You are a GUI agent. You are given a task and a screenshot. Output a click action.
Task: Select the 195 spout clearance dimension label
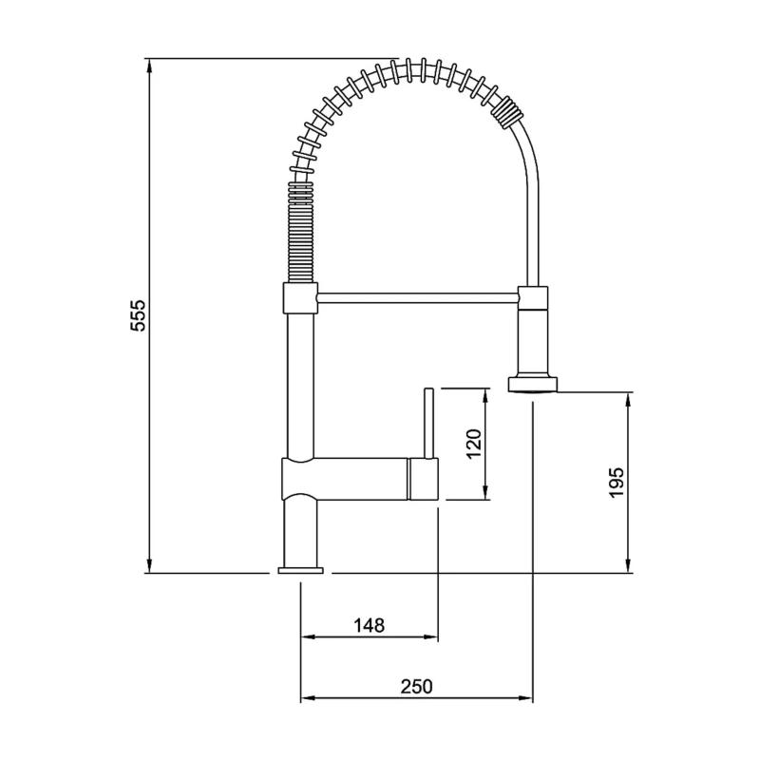pyautogui.click(x=617, y=483)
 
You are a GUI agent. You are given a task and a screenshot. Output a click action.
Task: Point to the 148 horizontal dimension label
pyautogui.click(x=369, y=625)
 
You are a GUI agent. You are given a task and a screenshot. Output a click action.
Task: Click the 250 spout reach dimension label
pyautogui.click(x=416, y=686)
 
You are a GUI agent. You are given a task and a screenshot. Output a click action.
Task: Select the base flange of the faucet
pyautogui.click(x=300, y=570)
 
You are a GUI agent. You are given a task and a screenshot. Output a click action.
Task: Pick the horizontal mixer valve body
pyautogui.click(x=347, y=477)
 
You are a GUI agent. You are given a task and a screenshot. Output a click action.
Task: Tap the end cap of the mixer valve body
pyautogui.click(x=424, y=478)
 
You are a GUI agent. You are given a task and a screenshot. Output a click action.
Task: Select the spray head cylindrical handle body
pyautogui.click(x=532, y=337)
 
